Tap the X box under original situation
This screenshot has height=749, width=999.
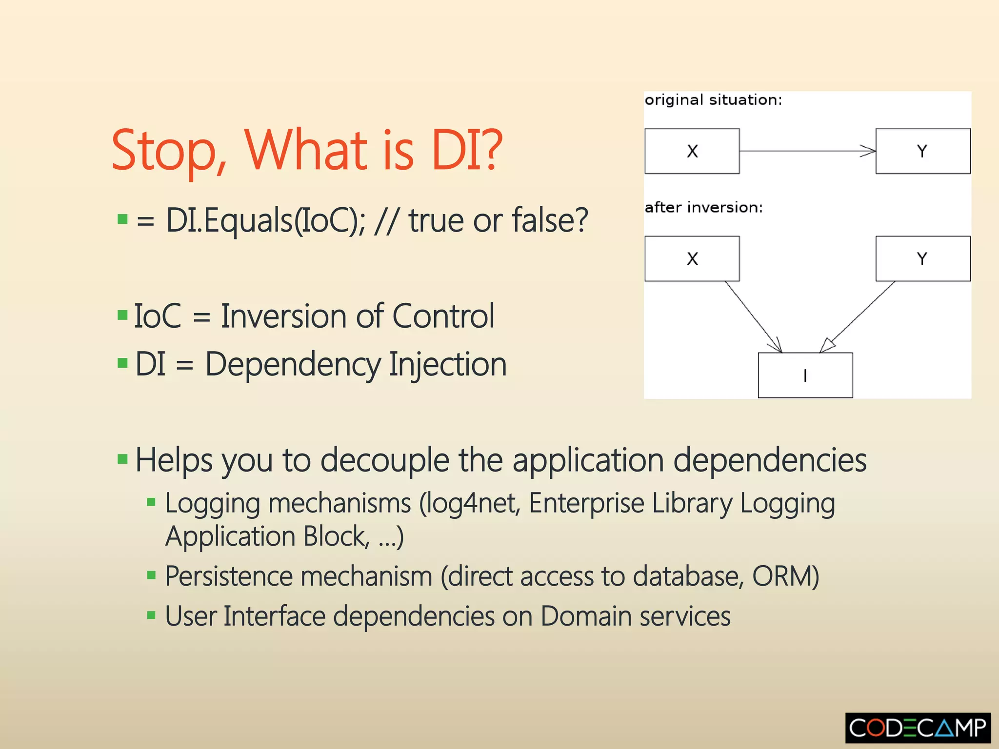click(692, 151)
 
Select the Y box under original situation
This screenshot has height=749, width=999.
click(922, 151)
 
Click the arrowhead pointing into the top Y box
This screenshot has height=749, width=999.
click(868, 151)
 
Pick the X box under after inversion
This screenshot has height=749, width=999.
click(692, 259)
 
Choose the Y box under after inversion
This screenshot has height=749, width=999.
click(922, 259)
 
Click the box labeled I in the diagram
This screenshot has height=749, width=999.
click(805, 375)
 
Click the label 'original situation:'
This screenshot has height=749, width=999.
click(713, 100)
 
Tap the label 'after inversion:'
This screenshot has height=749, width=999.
click(703, 208)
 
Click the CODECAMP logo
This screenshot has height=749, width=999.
click(918, 728)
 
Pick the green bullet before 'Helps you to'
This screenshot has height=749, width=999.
click(122, 459)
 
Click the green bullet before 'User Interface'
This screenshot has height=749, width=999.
click(151, 615)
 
